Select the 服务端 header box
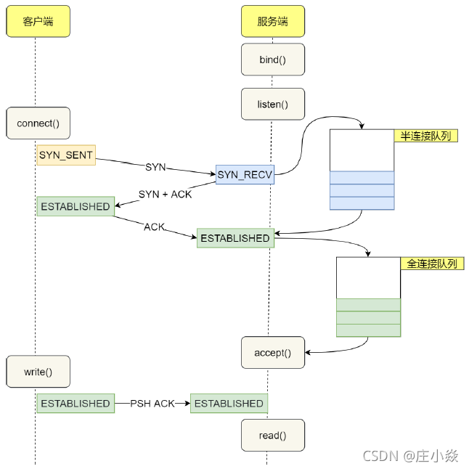click(x=273, y=22)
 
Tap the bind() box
click(x=273, y=60)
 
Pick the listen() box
click(x=273, y=105)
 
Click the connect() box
click(x=38, y=123)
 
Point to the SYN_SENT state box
click(x=66, y=155)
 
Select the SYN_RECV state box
click(x=245, y=174)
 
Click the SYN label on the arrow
click(x=155, y=167)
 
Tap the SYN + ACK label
click(x=165, y=194)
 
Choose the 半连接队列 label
click(x=425, y=136)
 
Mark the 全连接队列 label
click(x=431, y=264)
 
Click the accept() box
click(x=273, y=353)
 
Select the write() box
click(x=38, y=372)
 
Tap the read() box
click(x=273, y=436)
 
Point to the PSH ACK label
click(x=152, y=404)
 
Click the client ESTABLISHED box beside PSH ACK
click(x=76, y=404)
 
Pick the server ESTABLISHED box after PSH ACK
click(x=229, y=404)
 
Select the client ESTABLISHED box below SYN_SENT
click(x=76, y=206)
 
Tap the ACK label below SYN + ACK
click(x=154, y=227)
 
